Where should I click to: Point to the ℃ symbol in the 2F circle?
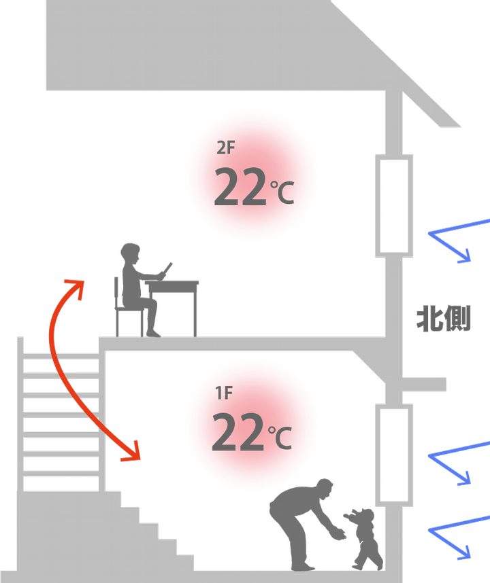point(282,192)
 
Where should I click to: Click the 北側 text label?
point(443,319)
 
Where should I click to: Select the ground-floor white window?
point(395,455)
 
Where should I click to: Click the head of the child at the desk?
point(129,254)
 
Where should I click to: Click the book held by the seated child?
point(166,269)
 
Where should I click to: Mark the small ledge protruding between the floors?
point(423,385)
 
